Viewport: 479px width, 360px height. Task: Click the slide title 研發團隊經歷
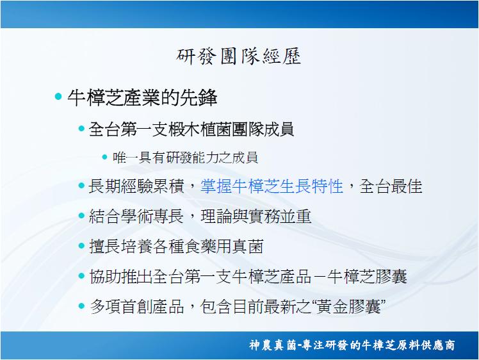point(239,56)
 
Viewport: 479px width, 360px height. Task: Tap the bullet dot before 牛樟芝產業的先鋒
point(58,97)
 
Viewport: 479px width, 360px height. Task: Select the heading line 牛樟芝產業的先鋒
point(142,98)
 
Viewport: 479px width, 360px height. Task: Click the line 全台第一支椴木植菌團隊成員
point(191,129)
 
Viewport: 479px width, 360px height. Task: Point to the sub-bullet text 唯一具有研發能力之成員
point(185,158)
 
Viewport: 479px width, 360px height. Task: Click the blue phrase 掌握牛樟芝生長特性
point(272,186)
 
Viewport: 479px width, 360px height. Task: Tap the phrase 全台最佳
point(391,186)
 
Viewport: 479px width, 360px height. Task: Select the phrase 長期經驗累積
point(136,186)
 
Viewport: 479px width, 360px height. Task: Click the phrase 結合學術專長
point(136,217)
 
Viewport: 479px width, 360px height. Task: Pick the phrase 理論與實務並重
point(256,217)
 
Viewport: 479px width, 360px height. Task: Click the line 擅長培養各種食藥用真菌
point(176,247)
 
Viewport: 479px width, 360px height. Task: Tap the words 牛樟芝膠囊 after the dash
point(367,276)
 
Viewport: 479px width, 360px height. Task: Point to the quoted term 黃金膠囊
point(348,307)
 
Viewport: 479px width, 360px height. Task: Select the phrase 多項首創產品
point(137,307)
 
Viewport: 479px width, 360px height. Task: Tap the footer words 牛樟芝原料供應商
point(408,345)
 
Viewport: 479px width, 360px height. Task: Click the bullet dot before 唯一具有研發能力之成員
point(105,157)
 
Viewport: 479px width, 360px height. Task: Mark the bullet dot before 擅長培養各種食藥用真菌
point(81,246)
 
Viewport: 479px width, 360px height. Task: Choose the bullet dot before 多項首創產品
point(81,306)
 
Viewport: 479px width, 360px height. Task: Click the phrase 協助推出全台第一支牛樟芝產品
point(200,276)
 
